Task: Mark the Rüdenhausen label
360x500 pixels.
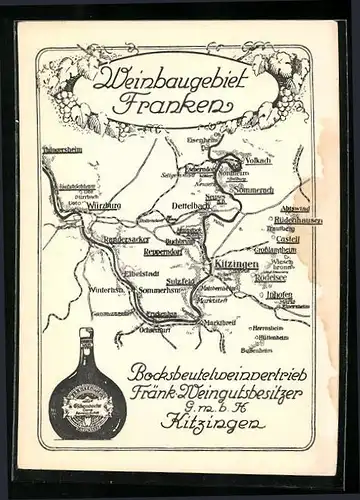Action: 300,219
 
